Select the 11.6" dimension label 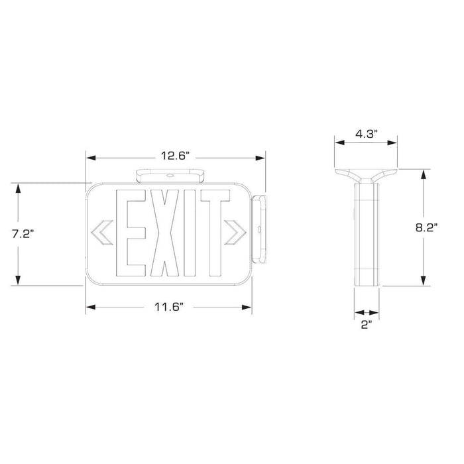tap(168, 306)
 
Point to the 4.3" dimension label tap(366, 133)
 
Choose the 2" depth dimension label tap(366, 325)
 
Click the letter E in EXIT tap(131, 233)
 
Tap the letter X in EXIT tap(162, 233)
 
